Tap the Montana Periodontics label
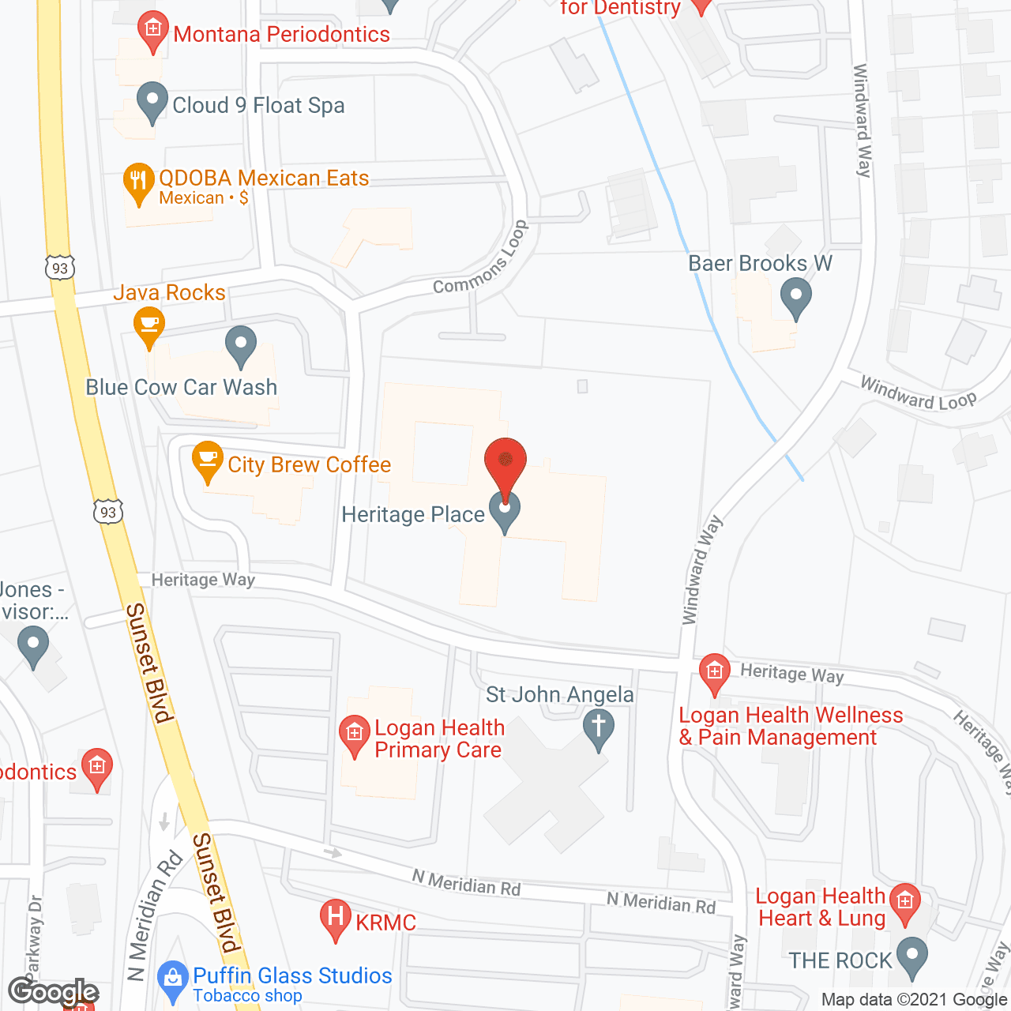click(x=281, y=35)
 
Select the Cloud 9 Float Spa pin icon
click(x=152, y=102)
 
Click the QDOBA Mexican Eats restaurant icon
click(x=139, y=183)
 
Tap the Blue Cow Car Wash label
click(x=182, y=388)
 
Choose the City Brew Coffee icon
click(x=207, y=460)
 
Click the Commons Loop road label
click(x=481, y=260)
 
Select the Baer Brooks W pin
click(x=795, y=298)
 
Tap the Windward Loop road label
click(x=918, y=393)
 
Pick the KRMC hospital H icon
click(x=336, y=919)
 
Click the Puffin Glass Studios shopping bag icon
click(x=171, y=979)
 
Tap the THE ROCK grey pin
click(x=912, y=957)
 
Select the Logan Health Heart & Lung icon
click(x=905, y=902)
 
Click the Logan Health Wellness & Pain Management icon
click(x=715, y=673)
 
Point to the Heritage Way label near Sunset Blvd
click(x=203, y=581)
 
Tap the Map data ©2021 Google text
click(x=914, y=1000)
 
